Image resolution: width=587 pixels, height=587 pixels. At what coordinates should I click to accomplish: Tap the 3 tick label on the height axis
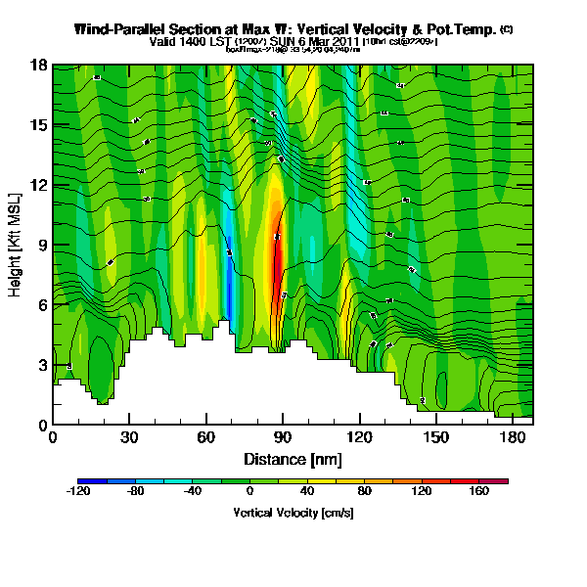(41, 365)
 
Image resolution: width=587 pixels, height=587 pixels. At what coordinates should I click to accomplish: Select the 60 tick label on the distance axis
(205, 437)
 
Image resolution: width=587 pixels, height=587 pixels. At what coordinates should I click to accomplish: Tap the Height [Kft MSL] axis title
(16, 245)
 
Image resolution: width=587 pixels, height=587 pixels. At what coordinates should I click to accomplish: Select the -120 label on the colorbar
(78, 492)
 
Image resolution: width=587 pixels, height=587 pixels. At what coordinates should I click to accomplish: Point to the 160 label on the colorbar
(479, 492)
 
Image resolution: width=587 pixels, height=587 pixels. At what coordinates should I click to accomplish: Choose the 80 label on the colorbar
(365, 492)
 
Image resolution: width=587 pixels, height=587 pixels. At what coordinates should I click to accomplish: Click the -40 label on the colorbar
(193, 492)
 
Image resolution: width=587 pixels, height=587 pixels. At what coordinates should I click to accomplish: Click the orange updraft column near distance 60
(203, 274)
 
